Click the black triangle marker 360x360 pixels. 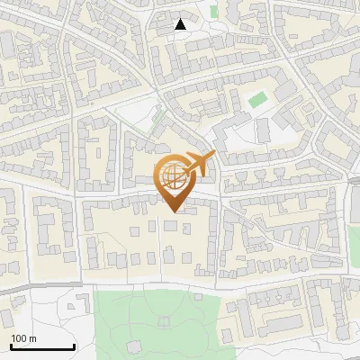tap(180, 24)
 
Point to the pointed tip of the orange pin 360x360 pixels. tap(172, 211)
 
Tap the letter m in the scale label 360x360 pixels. tap(32, 338)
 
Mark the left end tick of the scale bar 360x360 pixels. tap(11, 346)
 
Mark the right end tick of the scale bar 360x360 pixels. tap(74, 346)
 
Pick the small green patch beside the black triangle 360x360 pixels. tap(214, 13)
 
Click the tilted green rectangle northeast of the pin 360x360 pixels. tap(257, 99)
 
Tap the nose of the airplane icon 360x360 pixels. tap(214, 156)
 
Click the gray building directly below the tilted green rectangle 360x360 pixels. tap(263, 130)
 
